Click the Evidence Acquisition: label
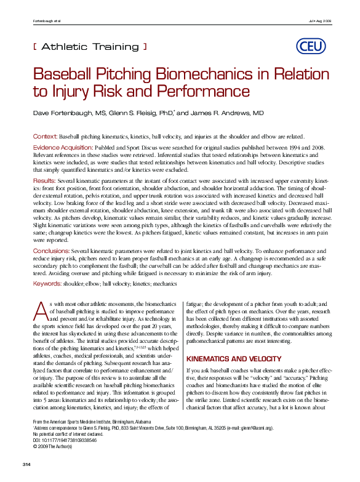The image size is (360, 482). pos(62,148)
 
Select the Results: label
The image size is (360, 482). pos(44,180)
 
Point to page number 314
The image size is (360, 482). pos(26,463)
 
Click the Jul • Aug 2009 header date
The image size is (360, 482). pos(320,22)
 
